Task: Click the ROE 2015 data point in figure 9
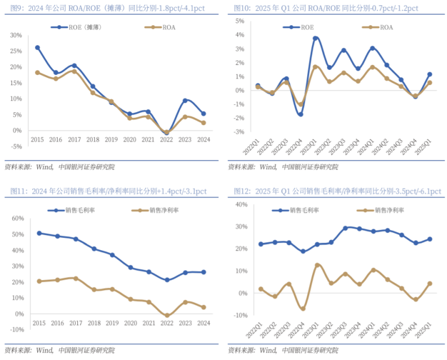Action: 37,47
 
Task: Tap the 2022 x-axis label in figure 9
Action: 166,139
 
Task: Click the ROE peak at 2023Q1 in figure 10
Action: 316,38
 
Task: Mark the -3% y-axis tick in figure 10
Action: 239,132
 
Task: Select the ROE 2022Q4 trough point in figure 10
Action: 300,114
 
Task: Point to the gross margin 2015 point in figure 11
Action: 39,233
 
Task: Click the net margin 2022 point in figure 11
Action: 166,315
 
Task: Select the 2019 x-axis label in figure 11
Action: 112,323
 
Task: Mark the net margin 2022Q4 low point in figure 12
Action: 303,308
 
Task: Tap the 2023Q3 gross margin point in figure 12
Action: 346,228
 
